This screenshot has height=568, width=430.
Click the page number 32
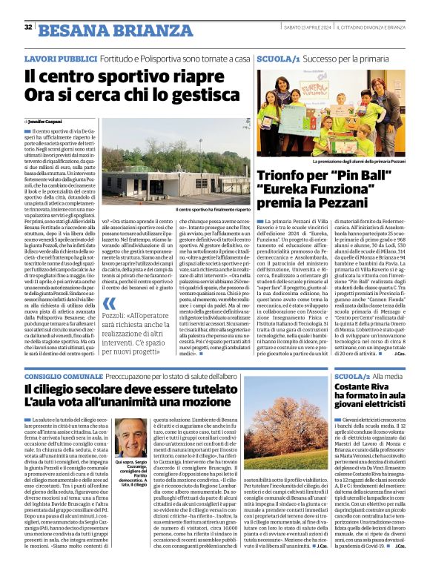tap(28, 27)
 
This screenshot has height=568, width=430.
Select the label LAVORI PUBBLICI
tap(54, 58)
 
